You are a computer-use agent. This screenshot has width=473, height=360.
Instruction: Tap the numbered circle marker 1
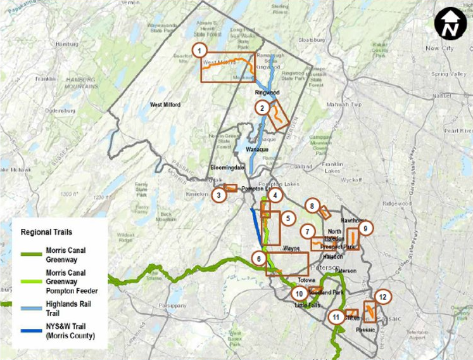pos(199,50)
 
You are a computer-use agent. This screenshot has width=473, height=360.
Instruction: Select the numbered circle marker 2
pos(262,108)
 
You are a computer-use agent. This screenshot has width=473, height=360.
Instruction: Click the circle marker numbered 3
pos(218,195)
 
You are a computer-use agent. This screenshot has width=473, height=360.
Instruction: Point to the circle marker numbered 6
pos(258,259)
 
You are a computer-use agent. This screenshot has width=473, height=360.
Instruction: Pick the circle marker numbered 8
pos(312,206)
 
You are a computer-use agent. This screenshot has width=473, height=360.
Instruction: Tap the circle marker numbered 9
pos(365,228)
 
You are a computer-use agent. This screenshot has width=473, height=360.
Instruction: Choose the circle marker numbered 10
pos(299,293)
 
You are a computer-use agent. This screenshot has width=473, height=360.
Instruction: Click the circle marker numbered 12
pos(382,296)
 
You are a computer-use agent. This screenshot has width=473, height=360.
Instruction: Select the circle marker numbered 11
pos(336,317)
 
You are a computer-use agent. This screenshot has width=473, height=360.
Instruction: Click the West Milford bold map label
pos(165,105)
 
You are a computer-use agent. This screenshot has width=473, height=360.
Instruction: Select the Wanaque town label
pos(257,150)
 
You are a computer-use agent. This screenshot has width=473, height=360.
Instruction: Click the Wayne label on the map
pos(291,248)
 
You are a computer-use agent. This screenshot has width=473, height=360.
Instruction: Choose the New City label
pos(439,48)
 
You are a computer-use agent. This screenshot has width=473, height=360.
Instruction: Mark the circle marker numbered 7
pos(308,231)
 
